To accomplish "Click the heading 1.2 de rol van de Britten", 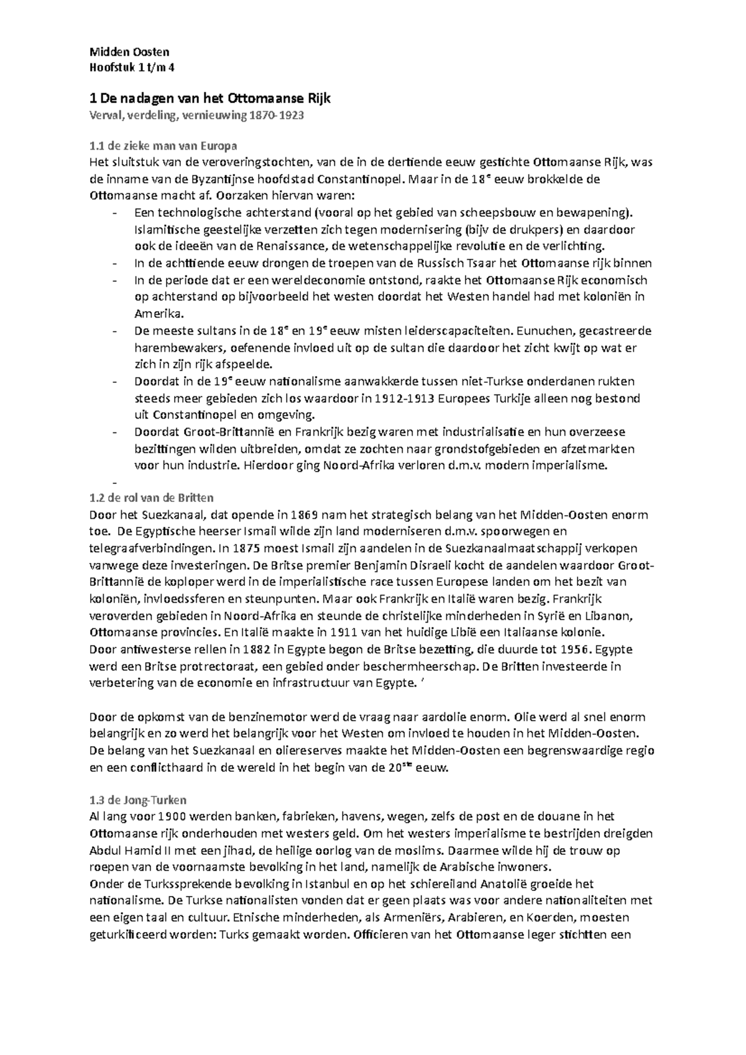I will click(x=151, y=498).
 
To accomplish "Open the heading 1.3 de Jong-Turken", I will click(x=138, y=800).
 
